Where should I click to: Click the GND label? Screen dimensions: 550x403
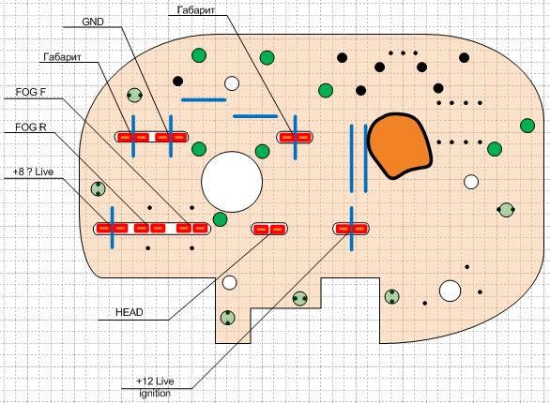point(93,22)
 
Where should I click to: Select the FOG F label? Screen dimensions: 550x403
point(31,92)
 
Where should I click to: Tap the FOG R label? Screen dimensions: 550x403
point(31,127)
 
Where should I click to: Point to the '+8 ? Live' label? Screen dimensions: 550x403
point(33,172)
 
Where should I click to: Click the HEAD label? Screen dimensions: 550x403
point(130,312)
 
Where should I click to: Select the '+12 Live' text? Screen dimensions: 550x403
point(155,381)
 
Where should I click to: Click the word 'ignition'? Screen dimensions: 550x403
point(155,394)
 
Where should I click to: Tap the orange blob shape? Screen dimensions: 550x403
point(399,145)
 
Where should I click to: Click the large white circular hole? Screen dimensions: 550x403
point(232,182)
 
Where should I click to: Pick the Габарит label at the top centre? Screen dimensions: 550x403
point(196,10)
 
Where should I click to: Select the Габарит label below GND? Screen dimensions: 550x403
point(62,57)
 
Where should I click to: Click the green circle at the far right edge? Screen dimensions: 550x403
point(527,126)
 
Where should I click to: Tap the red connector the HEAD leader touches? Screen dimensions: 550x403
point(269,230)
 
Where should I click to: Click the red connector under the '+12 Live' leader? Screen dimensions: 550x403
point(351,229)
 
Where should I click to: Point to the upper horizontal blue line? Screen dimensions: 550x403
point(204,100)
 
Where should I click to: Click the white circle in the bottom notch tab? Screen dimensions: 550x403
point(229,282)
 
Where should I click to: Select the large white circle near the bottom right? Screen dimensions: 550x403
point(450,291)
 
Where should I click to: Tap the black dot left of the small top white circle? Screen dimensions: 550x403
point(177,82)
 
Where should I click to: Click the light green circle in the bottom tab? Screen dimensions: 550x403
point(228,318)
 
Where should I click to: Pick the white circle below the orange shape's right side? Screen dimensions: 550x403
point(471,182)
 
